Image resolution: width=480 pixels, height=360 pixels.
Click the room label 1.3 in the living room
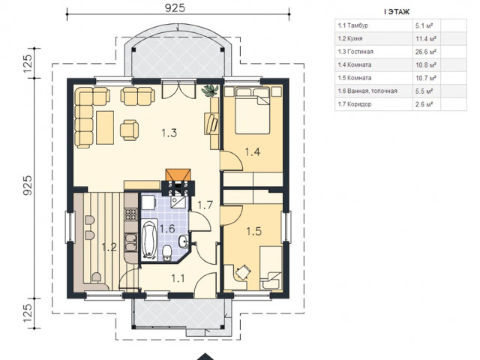pos(169,133)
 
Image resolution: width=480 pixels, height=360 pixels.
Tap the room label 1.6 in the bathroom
pos(167,228)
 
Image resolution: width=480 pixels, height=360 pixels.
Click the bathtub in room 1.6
pos(149,239)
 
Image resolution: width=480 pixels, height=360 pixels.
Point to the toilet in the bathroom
pos(167,253)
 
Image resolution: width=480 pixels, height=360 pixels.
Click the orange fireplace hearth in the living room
pos(178,175)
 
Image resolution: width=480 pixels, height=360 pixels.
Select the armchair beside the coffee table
pos(129,130)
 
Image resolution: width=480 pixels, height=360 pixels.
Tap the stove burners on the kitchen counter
pos(131,214)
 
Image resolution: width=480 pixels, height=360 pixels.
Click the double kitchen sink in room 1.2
pos(131,243)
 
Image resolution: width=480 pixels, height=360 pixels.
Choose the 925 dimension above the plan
pos(175,7)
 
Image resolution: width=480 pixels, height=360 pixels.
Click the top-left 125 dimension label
pos(27,63)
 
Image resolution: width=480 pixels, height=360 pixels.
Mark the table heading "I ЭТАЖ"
pos(397,12)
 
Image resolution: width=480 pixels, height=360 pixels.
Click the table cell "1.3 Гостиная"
pos(355,52)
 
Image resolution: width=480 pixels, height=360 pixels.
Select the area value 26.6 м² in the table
pos(425,52)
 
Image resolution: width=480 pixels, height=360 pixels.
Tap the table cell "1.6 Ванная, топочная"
pos(367,91)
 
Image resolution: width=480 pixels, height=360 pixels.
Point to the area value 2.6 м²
pos(424,104)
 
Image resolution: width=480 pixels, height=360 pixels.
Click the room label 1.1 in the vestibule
pos(178,278)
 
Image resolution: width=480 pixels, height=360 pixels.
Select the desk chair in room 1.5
pos(243,272)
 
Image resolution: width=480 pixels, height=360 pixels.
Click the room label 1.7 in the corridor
pos(205,205)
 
